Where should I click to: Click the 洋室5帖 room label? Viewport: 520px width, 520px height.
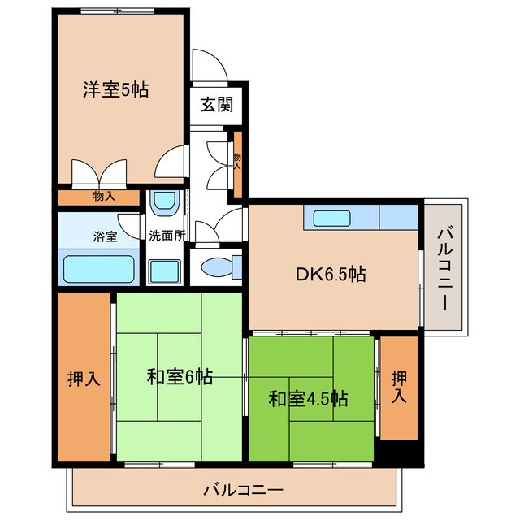[115, 89]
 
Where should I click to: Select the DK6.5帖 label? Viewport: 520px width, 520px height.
[330, 275]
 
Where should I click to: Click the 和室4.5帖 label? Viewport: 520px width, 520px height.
[308, 399]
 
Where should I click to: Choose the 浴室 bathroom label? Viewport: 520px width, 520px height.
[104, 237]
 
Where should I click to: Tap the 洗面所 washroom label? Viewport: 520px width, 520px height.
[167, 236]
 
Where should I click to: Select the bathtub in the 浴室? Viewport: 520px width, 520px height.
[98, 268]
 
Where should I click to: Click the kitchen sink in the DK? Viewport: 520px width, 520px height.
[331, 219]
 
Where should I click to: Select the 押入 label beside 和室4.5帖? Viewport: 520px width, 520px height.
[399, 388]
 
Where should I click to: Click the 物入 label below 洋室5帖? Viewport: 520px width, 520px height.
[103, 196]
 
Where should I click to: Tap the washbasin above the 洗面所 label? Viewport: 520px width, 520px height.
[167, 202]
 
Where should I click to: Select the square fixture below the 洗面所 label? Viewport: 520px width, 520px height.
[167, 269]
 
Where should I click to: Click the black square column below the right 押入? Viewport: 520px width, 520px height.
[399, 451]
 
